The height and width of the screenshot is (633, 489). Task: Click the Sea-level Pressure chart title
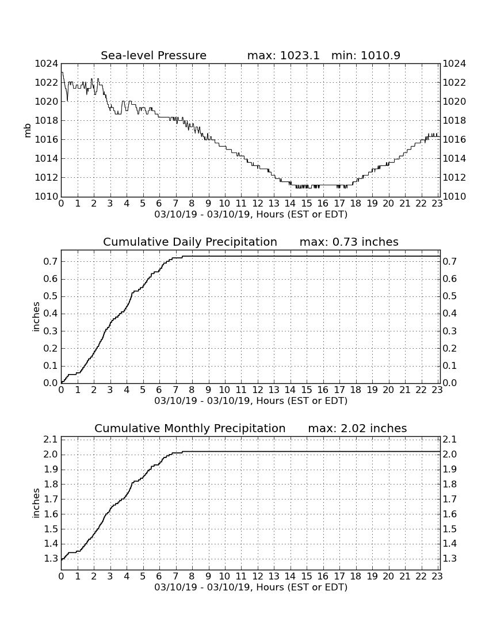click(154, 55)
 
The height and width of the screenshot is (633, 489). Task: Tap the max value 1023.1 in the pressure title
click(300, 55)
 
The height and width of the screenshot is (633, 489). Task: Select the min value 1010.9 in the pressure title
click(380, 55)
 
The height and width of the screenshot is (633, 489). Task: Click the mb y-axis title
click(28, 131)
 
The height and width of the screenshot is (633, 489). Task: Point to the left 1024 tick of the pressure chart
click(47, 64)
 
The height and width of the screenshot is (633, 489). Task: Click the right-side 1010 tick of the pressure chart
click(454, 197)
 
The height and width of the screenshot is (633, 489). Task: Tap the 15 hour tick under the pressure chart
click(306, 203)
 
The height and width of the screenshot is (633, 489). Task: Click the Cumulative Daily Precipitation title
click(190, 242)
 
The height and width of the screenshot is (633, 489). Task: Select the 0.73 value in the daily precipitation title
click(345, 242)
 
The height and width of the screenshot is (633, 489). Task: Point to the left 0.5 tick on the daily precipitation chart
click(51, 297)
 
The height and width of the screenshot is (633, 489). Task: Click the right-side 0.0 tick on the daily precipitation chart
click(450, 383)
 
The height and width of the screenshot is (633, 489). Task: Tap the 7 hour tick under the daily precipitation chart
click(175, 390)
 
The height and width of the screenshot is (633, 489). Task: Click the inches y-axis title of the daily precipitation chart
click(36, 317)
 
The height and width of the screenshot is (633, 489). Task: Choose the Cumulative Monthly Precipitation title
click(190, 428)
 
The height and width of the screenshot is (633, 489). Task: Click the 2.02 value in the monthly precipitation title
click(353, 428)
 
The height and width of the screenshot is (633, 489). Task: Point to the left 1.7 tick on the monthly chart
click(51, 499)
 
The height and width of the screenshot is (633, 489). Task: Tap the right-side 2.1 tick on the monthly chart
click(450, 440)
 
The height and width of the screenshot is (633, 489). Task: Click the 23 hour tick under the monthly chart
click(437, 576)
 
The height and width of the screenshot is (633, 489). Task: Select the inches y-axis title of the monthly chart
click(36, 504)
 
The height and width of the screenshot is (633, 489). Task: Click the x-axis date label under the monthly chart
click(251, 587)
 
